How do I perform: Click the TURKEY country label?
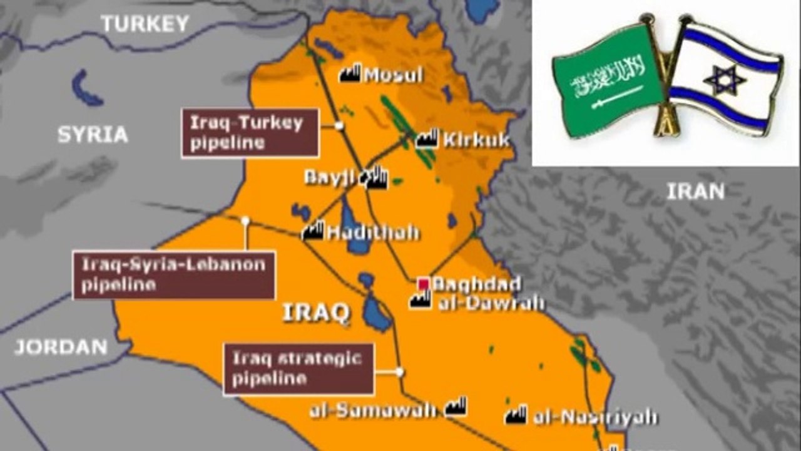click(145, 24)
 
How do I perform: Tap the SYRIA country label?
click(93, 135)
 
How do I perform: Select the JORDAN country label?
click(61, 347)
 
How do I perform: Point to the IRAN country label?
click(695, 192)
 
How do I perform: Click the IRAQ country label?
click(315, 313)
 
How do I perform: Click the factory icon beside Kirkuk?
click(427, 138)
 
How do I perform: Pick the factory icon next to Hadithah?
click(312, 232)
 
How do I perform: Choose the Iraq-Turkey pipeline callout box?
click(250, 133)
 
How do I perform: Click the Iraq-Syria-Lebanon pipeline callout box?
click(174, 275)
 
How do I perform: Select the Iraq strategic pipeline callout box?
click(298, 369)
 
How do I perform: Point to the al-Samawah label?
click(373, 410)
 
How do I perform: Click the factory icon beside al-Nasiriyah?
click(516, 415)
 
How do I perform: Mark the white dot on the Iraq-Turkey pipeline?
click(339, 125)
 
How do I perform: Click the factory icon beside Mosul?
click(350, 73)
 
